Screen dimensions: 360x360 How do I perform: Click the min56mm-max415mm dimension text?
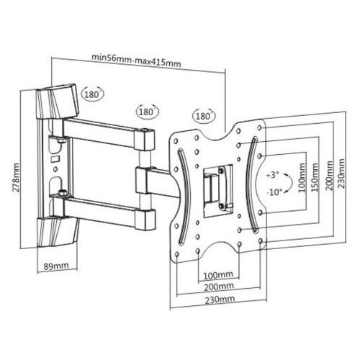136,60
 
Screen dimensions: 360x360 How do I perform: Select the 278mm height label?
17,177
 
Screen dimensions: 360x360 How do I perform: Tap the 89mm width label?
56,266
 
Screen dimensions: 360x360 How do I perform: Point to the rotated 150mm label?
315,177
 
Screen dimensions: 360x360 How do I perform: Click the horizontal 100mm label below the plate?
218,275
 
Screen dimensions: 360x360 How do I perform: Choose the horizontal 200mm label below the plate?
219,287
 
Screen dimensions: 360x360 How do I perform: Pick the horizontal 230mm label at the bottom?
220,300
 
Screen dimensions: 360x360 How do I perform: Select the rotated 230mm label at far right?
341,174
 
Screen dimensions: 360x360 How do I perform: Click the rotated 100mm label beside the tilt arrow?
302,178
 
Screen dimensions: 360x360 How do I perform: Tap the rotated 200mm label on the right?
330,176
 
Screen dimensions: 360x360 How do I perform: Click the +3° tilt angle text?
272,175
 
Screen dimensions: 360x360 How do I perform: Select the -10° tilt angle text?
274,192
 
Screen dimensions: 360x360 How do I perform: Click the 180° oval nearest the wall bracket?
92,94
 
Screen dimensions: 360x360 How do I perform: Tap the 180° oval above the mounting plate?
204,116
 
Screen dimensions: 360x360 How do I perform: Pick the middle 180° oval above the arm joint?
147,112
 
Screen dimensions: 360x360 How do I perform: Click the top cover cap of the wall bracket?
58,102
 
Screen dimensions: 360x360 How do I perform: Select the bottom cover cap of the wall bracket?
58,232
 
